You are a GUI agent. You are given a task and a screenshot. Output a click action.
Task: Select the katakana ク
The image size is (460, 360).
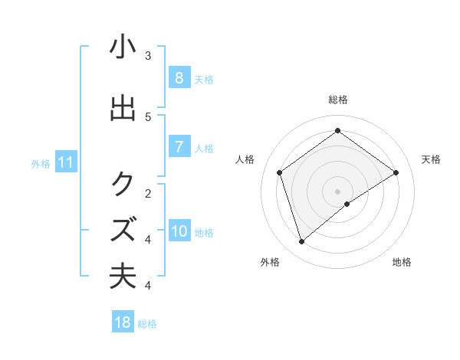pyautogui.click(x=123, y=184)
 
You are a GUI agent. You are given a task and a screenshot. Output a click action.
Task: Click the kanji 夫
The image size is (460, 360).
pyautogui.click(x=123, y=276)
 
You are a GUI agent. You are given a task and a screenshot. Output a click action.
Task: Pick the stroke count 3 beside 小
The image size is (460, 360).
pyautogui.click(x=148, y=55)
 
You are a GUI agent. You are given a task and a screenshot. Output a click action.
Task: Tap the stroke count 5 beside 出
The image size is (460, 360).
pyautogui.click(x=148, y=116)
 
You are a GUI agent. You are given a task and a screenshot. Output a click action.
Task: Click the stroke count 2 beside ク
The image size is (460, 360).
pyautogui.click(x=148, y=192)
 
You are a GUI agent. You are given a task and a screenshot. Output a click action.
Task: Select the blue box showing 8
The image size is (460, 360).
pyautogui.click(x=179, y=77)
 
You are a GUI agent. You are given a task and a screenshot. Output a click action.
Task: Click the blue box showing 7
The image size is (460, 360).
pyautogui.click(x=179, y=147)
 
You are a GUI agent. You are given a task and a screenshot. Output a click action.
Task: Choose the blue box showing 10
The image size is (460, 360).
pyautogui.click(x=179, y=231)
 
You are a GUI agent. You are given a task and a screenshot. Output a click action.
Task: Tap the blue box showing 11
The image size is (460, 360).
pyautogui.click(x=66, y=162)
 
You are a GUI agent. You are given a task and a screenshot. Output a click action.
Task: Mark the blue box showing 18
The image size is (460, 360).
pyautogui.click(x=123, y=322)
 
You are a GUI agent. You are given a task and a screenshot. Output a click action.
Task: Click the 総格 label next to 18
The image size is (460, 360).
pyautogui.click(x=147, y=324)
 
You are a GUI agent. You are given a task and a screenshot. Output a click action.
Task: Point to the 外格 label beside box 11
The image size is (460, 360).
pyautogui.click(x=41, y=163)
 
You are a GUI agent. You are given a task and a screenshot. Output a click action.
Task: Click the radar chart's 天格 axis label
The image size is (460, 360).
pyautogui.click(x=431, y=159)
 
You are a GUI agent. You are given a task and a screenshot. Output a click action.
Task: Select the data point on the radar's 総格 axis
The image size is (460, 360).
pyautogui.click(x=337, y=131)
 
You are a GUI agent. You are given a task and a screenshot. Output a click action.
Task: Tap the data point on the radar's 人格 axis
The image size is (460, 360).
pyautogui.click(x=280, y=172)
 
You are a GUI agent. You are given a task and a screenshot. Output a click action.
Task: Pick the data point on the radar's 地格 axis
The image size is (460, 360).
pyautogui.click(x=347, y=204)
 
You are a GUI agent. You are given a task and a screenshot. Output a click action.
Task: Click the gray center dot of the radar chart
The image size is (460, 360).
pyautogui.click(x=337, y=191)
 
